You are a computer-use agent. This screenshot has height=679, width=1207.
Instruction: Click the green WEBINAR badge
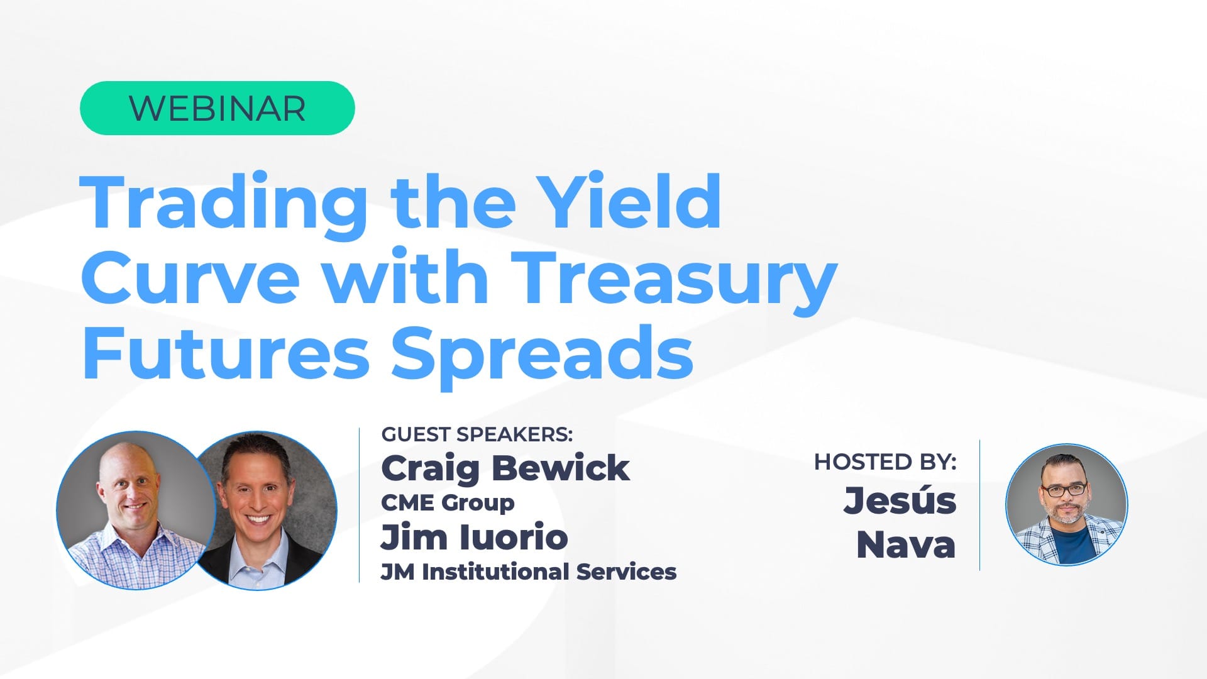[217, 108]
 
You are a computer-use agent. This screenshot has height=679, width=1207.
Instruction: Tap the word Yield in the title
[631, 201]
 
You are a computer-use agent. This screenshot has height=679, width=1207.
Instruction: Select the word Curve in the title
[190, 277]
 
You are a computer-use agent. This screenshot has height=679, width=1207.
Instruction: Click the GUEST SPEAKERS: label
[477, 434]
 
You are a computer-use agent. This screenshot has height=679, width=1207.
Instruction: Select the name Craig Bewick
[505, 469]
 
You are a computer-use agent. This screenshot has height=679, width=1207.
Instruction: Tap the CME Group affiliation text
[448, 503]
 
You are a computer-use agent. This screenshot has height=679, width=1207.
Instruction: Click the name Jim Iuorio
[475, 537]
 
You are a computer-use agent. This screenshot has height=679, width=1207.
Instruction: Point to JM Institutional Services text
[529, 572]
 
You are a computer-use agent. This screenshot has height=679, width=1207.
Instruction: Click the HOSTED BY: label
[885, 462]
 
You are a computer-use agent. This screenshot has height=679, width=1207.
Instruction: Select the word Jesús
[900, 500]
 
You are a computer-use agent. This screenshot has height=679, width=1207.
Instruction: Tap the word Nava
[906, 544]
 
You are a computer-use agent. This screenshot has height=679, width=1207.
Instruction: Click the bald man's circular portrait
[136, 510]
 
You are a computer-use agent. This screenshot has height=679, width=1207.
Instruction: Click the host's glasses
[1064, 489]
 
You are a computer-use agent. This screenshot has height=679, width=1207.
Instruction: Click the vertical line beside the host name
[980, 505]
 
